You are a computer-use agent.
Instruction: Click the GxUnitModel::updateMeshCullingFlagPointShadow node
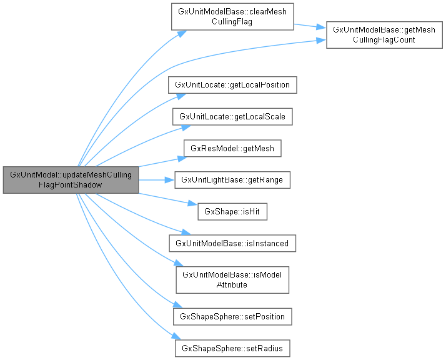71,180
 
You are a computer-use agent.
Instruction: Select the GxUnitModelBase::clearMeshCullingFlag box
232,17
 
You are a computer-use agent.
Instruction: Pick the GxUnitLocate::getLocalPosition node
232,84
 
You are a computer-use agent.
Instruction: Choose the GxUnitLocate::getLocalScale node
232,117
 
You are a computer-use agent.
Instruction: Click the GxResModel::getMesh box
232,149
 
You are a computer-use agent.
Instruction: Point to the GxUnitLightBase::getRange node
232,180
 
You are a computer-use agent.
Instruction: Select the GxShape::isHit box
232,212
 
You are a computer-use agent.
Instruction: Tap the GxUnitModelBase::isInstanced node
232,243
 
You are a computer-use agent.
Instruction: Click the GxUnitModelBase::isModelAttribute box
232,279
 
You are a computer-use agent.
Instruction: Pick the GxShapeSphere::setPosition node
232,316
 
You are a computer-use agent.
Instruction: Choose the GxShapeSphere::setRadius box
232,348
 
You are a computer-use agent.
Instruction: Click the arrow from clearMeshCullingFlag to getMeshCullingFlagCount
310,27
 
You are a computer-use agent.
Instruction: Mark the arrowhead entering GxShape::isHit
193,204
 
